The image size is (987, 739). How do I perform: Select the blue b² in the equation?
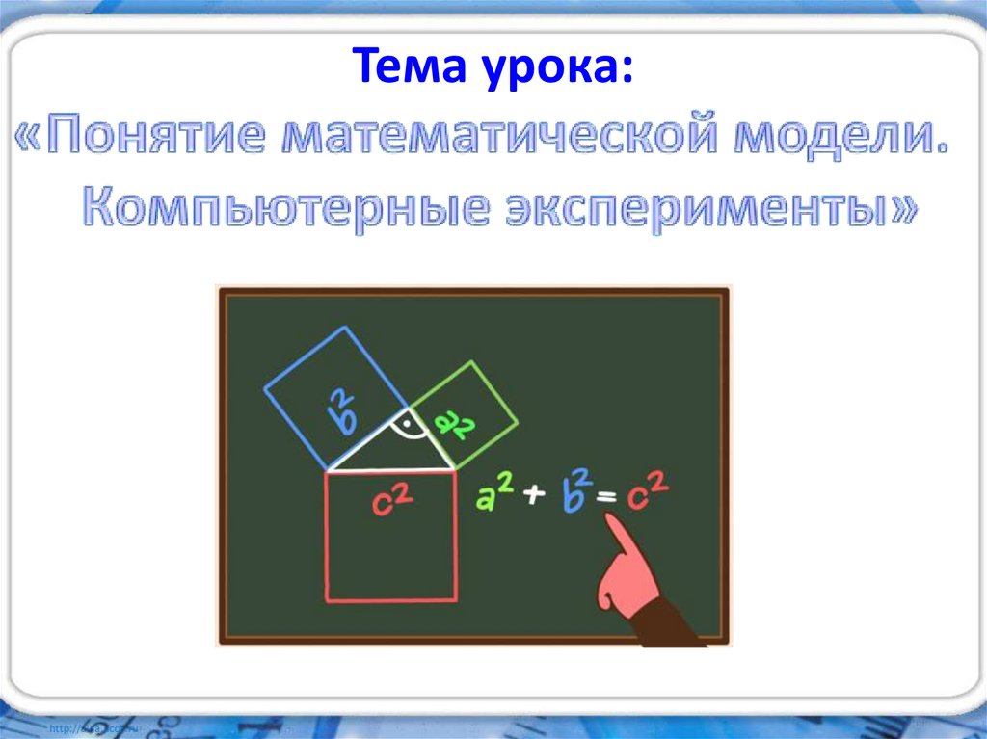[x=575, y=491]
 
